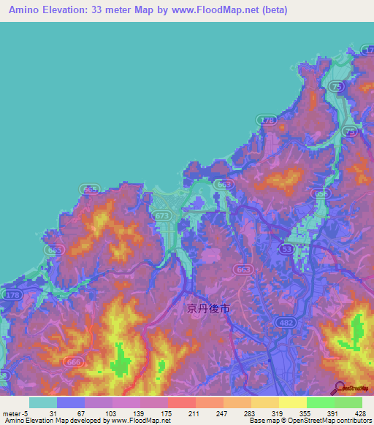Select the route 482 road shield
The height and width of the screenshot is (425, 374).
tap(284, 321)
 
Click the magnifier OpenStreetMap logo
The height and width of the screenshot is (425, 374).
tap(338, 388)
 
